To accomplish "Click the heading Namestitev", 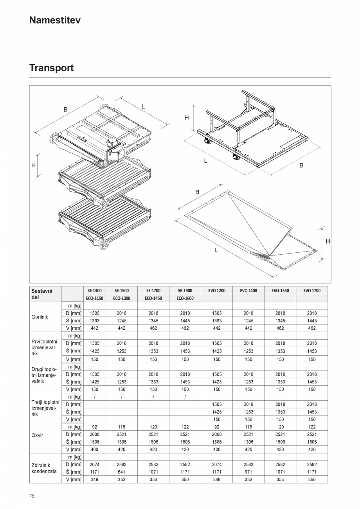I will [x=55, y=20].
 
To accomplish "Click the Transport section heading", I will [x=51, y=68].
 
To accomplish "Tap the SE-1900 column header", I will [x=185, y=291].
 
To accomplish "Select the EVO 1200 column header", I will [x=216, y=291].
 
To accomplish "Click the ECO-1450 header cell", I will [x=153, y=298].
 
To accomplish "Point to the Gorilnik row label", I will [x=40, y=317].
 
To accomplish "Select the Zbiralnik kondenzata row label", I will [x=44, y=468].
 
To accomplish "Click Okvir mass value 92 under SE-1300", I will [x=94, y=427].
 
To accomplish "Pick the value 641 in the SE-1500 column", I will [x=122, y=472].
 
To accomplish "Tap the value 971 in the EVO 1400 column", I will [x=248, y=472].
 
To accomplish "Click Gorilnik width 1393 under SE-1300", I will [x=94, y=321].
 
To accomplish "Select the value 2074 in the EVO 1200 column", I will [x=216, y=464].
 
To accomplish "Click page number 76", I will [x=32, y=496].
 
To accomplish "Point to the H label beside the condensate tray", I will [x=328, y=242].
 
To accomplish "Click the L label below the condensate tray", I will [x=216, y=250].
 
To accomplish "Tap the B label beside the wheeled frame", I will [x=301, y=165].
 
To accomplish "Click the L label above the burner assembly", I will [x=143, y=106].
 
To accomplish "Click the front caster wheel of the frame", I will [x=236, y=157].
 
